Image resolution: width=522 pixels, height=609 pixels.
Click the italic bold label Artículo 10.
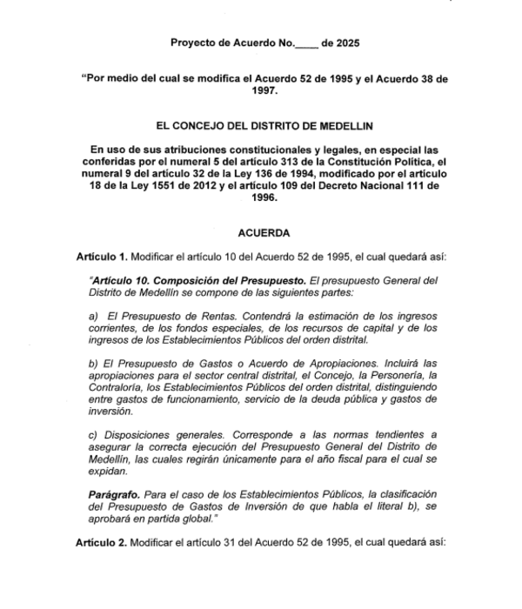(x=122, y=282)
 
